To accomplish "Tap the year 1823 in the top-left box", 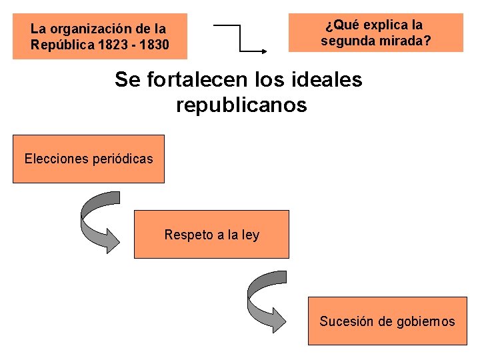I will pos(109,45).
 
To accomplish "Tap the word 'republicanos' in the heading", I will pos(241,105).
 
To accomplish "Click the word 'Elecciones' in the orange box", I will pos(55,159).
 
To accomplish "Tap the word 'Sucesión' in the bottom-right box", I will pos(346,321).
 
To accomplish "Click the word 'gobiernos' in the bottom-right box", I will pos(425,321).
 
